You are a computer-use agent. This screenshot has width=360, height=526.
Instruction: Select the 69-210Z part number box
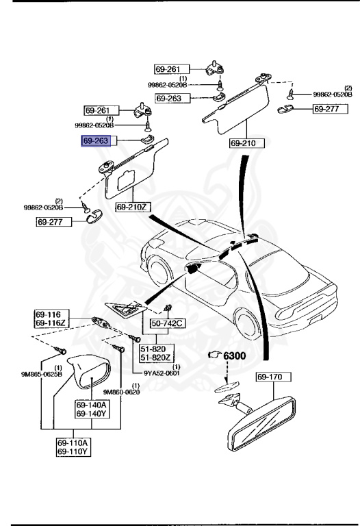pos(132,207)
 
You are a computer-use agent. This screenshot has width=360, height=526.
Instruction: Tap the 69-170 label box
pos(274,377)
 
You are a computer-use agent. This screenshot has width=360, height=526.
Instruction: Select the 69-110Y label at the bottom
pos(73,452)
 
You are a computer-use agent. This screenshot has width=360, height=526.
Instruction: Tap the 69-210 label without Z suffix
pos(242,143)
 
